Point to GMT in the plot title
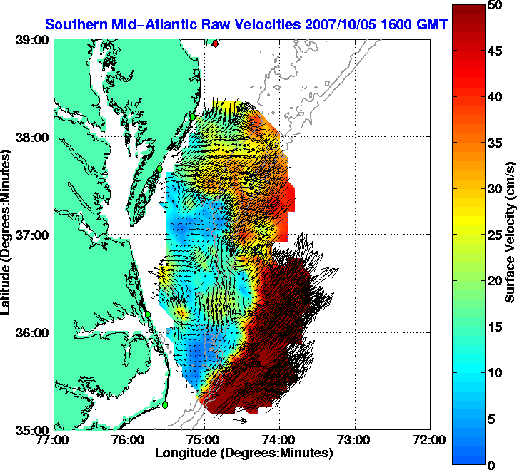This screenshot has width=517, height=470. click(432, 24)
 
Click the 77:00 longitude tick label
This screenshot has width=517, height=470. click(54, 440)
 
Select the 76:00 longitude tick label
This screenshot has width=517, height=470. click(129, 440)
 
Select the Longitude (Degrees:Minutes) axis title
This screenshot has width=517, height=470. click(243, 453)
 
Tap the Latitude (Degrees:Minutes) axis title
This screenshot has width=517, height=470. click(7, 235)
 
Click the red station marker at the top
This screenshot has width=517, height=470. click(216, 44)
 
